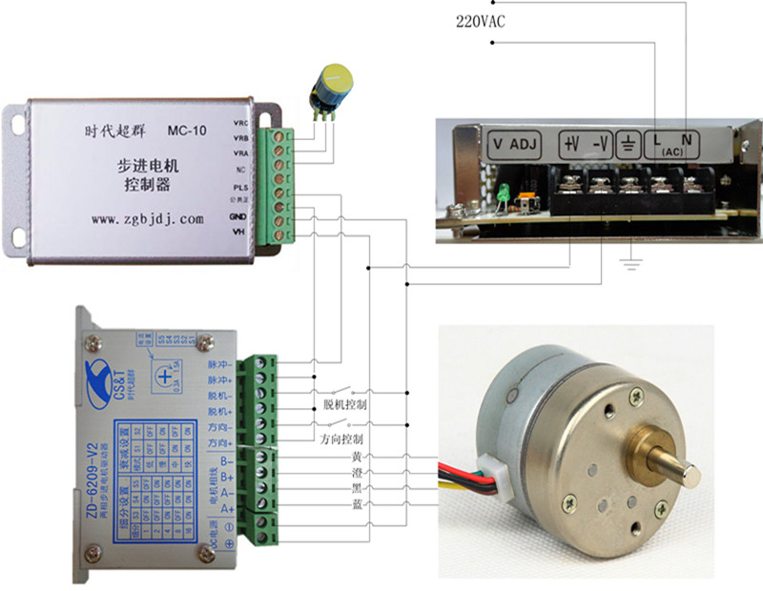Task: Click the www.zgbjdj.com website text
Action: click(x=148, y=218)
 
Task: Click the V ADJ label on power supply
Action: click(x=515, y=145)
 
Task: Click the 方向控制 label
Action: click(x=340, y=439)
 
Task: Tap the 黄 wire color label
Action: click(x=357, y=457)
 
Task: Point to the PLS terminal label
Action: click(x=241, y=187)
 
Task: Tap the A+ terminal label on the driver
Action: click(x=228, y=508)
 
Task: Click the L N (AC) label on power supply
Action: click(x=675, y=145)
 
